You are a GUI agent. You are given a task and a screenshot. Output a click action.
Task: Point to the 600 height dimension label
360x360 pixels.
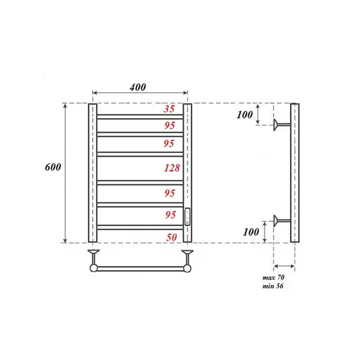pos(53,167)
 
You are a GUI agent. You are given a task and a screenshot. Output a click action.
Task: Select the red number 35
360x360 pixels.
pos(169,109)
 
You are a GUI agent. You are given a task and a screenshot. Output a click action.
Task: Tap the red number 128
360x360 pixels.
pos(171,168)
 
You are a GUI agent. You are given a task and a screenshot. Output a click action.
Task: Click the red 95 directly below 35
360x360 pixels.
pos(169,124)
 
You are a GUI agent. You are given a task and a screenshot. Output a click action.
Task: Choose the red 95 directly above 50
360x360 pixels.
pos(169,215)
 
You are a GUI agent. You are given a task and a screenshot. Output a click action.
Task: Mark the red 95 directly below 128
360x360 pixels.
pos(169,192)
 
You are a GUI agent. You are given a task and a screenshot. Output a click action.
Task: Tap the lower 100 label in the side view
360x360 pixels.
pos(252,232)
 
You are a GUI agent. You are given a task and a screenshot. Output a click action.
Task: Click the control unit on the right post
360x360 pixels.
pos(187,217)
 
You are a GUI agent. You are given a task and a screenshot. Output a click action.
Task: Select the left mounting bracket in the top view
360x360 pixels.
pos(93,259)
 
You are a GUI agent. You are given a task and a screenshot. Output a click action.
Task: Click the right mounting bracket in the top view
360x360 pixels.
pos(187,259)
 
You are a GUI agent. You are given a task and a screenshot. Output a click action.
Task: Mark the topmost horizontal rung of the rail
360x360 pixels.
pos(140,116)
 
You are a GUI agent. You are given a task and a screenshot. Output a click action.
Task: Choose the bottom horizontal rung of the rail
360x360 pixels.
pos(140,227)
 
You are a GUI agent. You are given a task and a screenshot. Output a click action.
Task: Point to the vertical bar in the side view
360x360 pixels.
pos(295,172)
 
